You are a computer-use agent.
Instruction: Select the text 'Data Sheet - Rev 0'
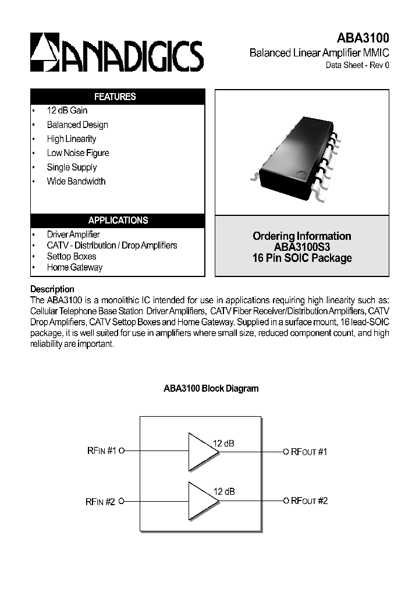tap(357, 65)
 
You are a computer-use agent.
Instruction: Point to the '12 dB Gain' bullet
tap(67, 111)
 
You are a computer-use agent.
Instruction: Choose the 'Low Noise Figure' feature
tap(78, 153)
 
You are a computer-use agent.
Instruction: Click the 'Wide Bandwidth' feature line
tap(76, 181)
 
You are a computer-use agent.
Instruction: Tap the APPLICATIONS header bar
tap(118, 221)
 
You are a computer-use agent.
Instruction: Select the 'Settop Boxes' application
tap(72, 256)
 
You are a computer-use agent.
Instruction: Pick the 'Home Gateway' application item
tap(74, 267)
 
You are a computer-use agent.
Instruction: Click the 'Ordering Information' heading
tap(301, 236)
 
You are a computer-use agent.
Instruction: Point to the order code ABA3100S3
tap(301, 247)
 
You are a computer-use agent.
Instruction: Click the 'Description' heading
tap(52, 289)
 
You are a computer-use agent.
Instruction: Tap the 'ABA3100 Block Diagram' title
tap(210, 388)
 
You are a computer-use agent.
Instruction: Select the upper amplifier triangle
tap(200, 450)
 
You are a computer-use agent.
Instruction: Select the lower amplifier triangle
tap(200, 500)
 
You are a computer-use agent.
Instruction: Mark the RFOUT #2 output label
tap(309, 501)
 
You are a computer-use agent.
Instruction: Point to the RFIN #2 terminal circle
tap(122, 501)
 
